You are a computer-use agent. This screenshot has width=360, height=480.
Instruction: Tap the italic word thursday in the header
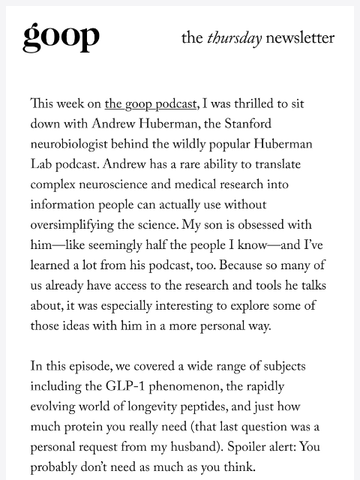234,38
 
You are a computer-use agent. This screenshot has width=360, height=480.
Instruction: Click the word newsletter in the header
299,38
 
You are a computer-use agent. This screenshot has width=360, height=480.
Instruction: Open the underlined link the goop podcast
151,104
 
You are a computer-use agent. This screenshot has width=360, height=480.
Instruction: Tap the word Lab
42,165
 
